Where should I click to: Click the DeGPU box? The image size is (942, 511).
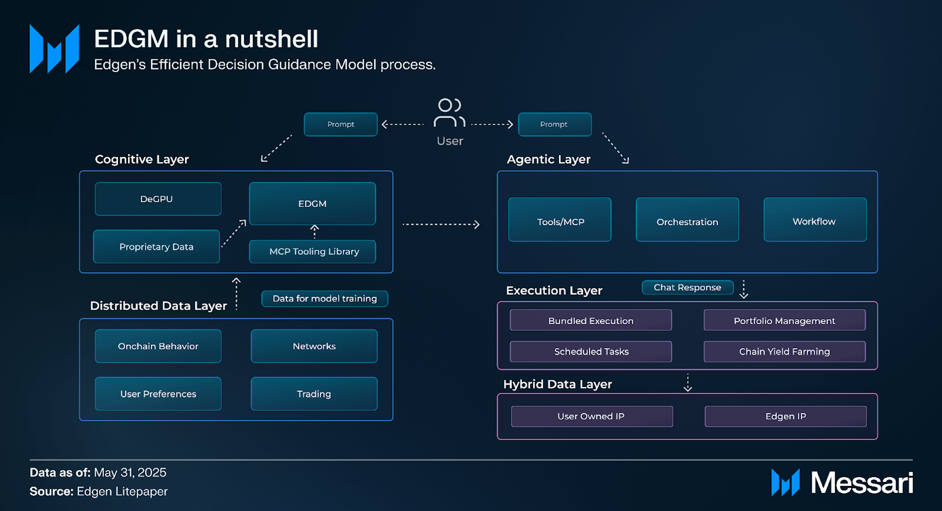(158, 199)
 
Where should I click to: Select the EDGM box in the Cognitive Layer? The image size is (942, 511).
(313, 204)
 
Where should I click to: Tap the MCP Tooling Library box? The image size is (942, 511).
(313, 252)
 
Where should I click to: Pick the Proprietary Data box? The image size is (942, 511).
(157, 247)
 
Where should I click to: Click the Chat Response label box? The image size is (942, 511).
(688, 288)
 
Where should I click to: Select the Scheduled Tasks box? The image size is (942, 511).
(591, 352)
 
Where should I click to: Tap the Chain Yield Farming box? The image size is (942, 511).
(785, 352)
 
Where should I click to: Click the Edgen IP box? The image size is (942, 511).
(786, 416)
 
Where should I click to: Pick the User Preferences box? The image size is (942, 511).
(158, 394)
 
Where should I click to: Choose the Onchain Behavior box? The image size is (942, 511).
(158, 346)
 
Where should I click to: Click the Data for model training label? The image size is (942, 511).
(325, 299)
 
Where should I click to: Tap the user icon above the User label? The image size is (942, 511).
(449, 113)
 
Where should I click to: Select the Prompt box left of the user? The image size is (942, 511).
(341, 124)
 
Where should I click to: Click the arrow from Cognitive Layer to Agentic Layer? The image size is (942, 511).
(441, 224)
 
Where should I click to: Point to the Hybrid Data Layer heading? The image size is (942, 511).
(558, 384)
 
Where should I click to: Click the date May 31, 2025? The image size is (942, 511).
(130, 473)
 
